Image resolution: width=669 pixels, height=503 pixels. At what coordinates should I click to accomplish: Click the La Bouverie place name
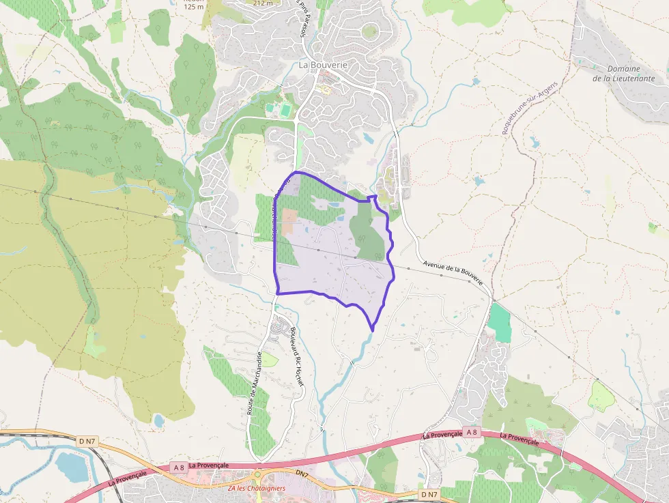click(323, 65)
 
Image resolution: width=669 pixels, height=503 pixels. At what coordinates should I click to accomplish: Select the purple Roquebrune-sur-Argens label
click(530, 108)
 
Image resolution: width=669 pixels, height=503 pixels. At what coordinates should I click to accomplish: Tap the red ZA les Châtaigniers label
click(257, 489)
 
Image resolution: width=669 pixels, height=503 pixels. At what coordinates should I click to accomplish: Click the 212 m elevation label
click(262, 3)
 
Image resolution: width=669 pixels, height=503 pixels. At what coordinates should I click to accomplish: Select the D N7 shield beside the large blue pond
click(87, 442)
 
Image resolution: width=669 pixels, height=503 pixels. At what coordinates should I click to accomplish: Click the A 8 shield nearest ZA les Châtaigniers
click(178, 468)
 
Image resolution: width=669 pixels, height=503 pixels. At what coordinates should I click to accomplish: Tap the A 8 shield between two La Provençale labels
click(471, 431)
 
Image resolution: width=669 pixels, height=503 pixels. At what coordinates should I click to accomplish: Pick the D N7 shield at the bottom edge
click(429, 494)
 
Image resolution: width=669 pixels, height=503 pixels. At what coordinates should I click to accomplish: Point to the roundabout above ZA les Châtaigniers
click(258, 474)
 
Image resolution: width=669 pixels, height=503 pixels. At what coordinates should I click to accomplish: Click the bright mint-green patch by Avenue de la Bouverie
click(500, 322)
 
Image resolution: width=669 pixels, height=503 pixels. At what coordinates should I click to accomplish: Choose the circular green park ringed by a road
click(369, 31)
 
